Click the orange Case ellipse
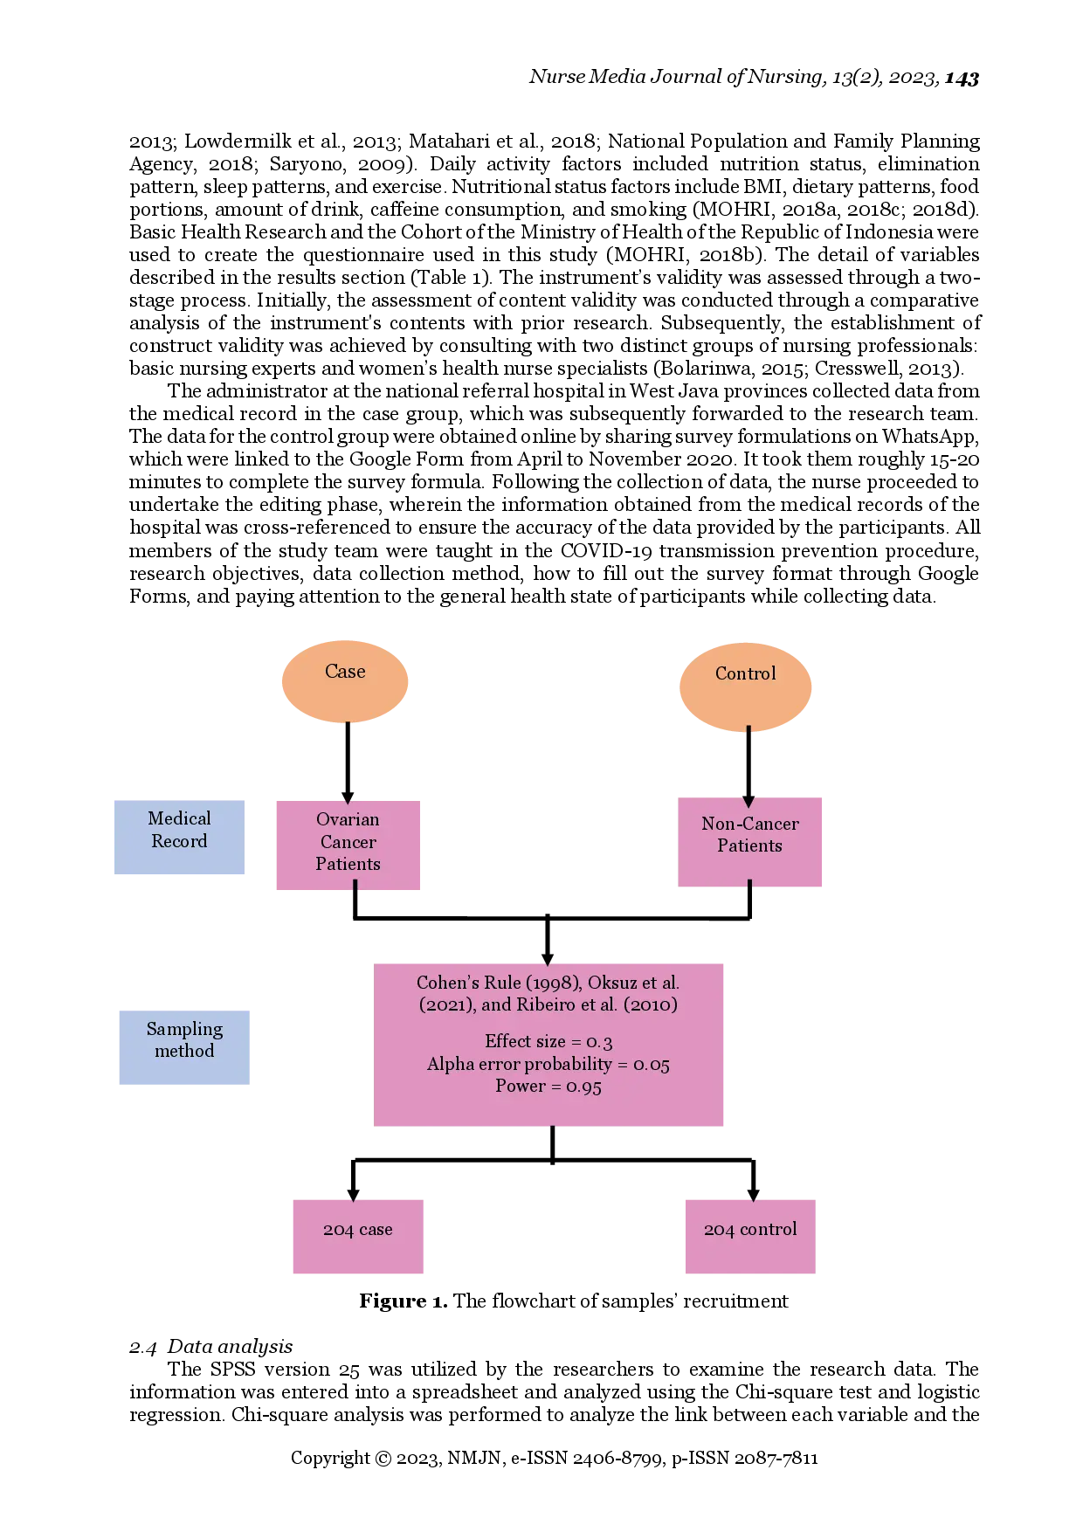tap(345, 681)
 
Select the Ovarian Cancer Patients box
tap(348, 844)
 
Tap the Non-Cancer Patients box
tap(750, 841)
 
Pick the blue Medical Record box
tap(178, 837)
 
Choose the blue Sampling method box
tap(184, 1046)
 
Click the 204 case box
tap(356, 1235)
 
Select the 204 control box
tap(750, 1235)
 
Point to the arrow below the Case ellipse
tap(348, 760)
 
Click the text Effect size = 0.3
tap(548, 1041)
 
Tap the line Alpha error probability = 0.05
tap(548, 1064)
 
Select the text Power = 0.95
tap(548, 1087)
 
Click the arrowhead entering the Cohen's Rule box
tap(548, 953)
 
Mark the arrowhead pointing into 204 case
tap(352, 1191)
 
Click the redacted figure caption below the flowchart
tap(572, 1303)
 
